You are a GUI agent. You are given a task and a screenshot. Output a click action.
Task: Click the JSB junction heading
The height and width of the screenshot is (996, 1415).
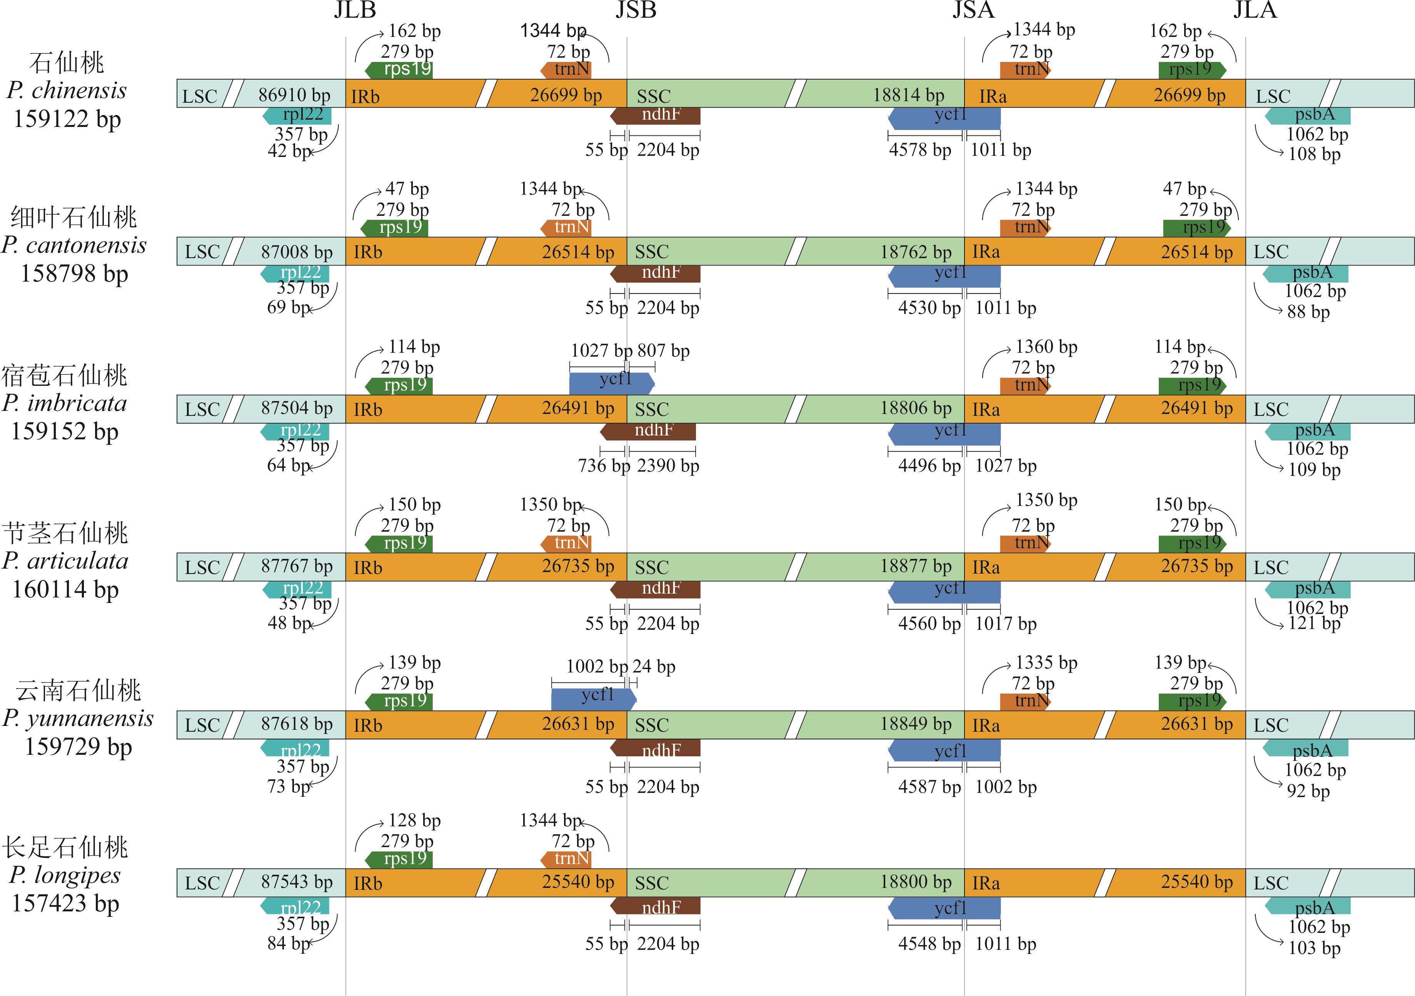coord(636,10)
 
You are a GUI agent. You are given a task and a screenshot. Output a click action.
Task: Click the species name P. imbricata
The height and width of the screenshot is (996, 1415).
coord(65,403)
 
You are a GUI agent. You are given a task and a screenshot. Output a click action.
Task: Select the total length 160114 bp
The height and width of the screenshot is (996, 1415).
coord(65,590)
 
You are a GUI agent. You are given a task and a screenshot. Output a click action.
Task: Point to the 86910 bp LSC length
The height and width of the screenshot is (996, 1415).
coord(294,95)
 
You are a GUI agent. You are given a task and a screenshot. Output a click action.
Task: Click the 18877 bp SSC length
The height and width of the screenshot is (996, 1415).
coord(915,566)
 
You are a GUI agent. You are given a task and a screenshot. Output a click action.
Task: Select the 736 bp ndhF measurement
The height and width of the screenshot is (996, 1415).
coord(603,466)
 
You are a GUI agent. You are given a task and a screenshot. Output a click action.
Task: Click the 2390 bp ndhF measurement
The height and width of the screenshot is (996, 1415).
coord(668,466)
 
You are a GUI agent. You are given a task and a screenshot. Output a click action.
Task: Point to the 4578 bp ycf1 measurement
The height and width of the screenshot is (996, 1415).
coord(919,150)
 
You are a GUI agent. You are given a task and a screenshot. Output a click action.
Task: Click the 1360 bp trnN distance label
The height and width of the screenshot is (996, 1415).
coord(1046,347)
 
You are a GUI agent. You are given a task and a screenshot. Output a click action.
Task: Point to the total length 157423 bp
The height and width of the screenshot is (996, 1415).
coord(65,904)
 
